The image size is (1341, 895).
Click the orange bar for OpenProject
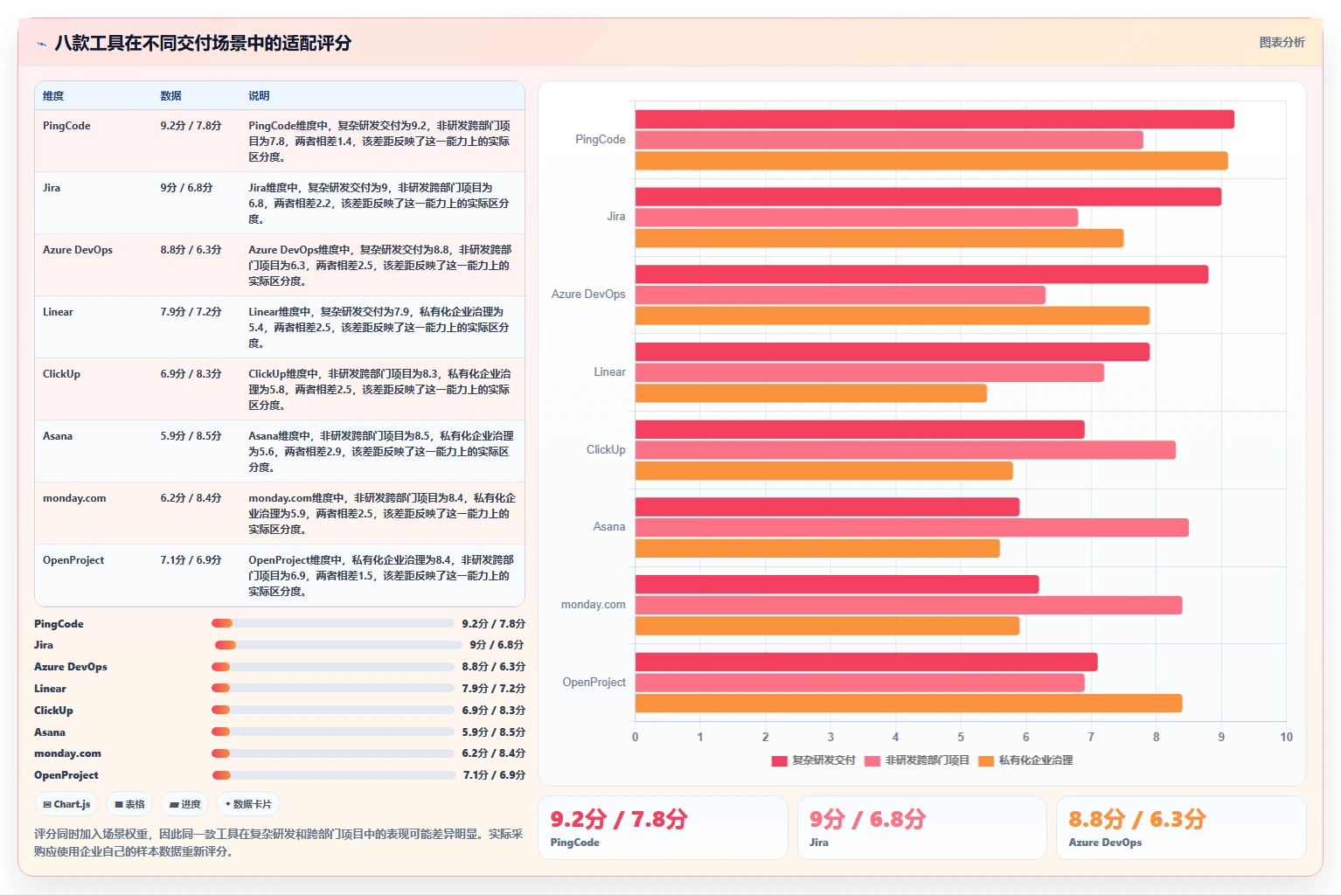pyautogui.click(x=908, y=704)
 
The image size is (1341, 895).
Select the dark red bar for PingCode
pyautogui.click(x=935, y=119)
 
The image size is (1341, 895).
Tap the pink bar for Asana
pyautogui.click(x=912, y=527)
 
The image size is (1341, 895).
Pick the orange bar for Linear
pyautogui.click(x=810, y=393)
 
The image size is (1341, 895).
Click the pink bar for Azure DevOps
pyautogui.click(x=840, y=295)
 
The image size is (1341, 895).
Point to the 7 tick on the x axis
pyautogui.click(x=1091, y=737)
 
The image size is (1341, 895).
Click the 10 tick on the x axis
pyautogui.click(x=1286, y=737)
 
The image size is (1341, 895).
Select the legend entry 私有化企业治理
pyautogui.click(x=1025, y=760)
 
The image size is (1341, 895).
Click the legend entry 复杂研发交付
pyautogui.click(x=814, y=760)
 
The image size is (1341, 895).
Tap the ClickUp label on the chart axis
pyautogui.click(x=606, y=449)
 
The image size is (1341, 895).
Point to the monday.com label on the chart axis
pyautogui.click(x=594, y=605)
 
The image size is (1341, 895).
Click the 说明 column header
pyautogui.click(x=259, y=96)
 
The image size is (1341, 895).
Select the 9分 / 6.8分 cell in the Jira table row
pyautogui.click(x=186, y=187)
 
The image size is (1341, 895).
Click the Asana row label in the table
pyautogui.click(x=58, y=436)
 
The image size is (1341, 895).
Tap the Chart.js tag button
pyautogui.click(x=66, y=804)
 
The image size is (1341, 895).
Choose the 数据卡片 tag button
pyautogui.click(x=248, y=804)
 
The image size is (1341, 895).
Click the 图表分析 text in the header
pyautogui.click(x=1282, y=43)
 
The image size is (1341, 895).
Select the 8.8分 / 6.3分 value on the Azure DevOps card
pyautogui.click(x=1136, y=819)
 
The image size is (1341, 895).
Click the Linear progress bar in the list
pyautogui.click(x=333, y=689)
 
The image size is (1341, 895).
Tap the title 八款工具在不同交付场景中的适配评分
pyautogui.click(x=203, y=43)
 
